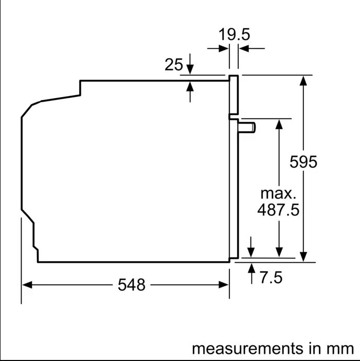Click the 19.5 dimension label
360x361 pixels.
pos(234,34)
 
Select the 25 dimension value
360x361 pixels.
pos(174,64)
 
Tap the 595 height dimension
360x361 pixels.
pos(303,161)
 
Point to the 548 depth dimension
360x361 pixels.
pos(132,285)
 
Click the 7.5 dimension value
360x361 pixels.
pos(271,277)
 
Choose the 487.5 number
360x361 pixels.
pos(278,210)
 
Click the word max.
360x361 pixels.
pos(278,194)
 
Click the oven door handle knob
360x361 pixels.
pos(247,128)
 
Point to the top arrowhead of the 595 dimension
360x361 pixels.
pos(303,81)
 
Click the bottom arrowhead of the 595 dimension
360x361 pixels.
pos(303,257)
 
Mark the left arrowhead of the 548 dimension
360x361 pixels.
pos(27,285)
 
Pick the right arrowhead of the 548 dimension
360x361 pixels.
pos(224,285)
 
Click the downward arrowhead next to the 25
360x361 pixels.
pos(190,69)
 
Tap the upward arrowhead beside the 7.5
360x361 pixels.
pos(251,268)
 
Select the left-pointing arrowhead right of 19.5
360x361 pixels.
pos(244,48)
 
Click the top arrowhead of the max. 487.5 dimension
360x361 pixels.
pos(279,124)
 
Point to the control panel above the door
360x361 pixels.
pos(233,95)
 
